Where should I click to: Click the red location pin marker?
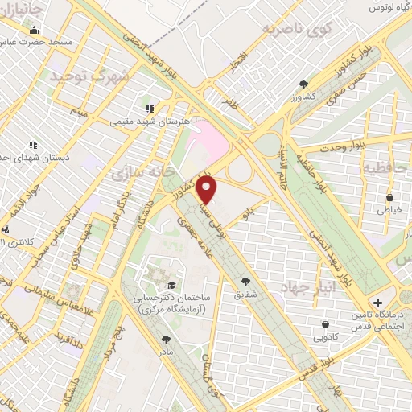[x=207, y=190]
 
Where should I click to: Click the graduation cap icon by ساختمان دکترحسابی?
[x=171, y=284]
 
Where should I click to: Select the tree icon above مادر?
[x=166, y=340]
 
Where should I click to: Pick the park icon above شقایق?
[x=246, y=281]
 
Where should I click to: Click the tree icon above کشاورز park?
[x=303, y=84]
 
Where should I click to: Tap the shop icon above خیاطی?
[x=390, y=196]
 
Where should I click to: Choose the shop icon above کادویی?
[x=324, y=325]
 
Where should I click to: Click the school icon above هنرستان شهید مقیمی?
[x=149, y=108]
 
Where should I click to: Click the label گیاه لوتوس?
[x=386, y=7]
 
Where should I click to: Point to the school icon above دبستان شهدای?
[x=33, y=144]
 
